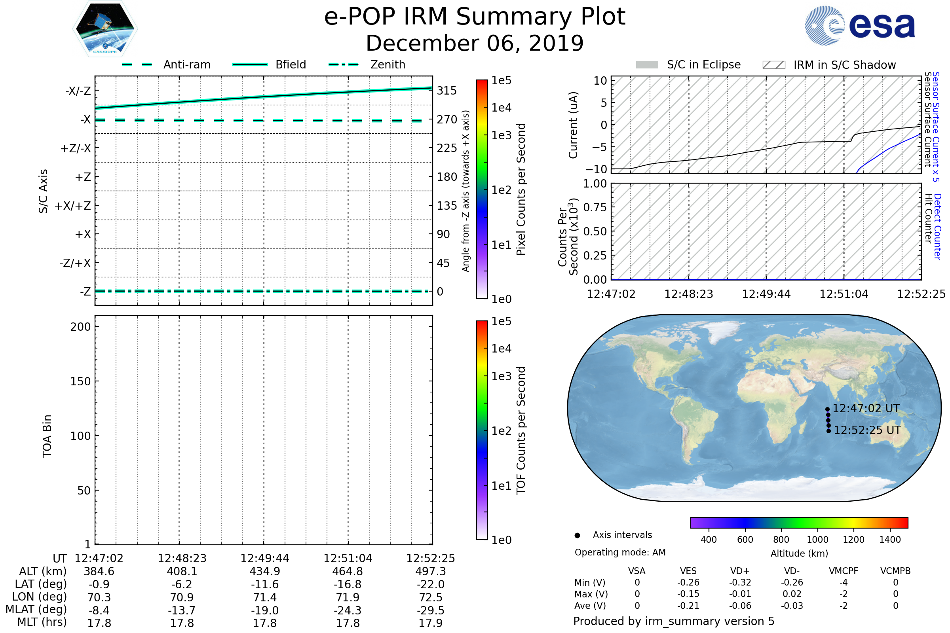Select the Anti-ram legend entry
pyautogui.click(x=186, y=64)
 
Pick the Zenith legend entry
pyautogui.click(x=388, y=64)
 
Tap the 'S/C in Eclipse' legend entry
pyautogui.click(x=703, y=64)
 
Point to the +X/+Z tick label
pyautogui.click(x=73, y=206)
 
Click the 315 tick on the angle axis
pyautogui.click(x=446, y=91)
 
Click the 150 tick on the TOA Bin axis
pyautogui.click(x=80, y=381)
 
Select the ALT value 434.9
pyautogui.click(x=264, y=571)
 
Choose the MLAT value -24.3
pyautogui.click(x=348, y=610)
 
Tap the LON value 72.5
pyautogui.click(x=431, y=597)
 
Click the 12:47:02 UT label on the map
pyautogui.click(x=866, y=409)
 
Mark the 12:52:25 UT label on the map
pyautogui.click(x=867, y=430)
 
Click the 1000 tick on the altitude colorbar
pyautogui.click(x=817, y=540)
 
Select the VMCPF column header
pyautogui.click(x=844, y=571)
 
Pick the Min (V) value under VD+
pyautogui.click(x=740, y=582)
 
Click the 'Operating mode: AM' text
pyautogui.click(x=620, y=552)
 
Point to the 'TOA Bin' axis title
pyautogui.click(x=47, y=436)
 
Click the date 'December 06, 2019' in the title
pyautogui.click(x=475, y=43)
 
